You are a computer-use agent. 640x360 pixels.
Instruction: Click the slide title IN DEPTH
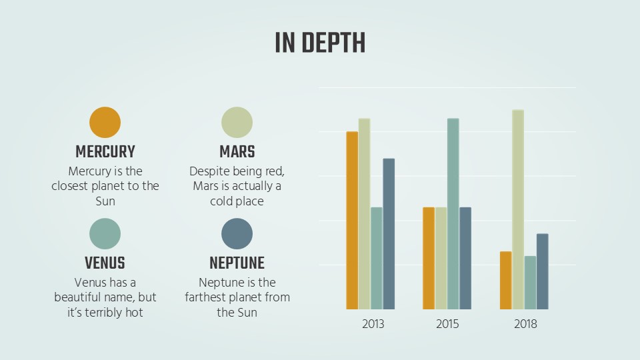[x=320, y=43]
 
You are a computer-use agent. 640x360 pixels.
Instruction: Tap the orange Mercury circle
[x=105, y=123]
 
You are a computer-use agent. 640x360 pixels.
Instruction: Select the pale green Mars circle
[x=237, y=123]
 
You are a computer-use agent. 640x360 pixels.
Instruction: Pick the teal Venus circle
[x=105, y=234]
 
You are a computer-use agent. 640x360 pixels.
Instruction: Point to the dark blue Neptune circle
[x=237, y=234]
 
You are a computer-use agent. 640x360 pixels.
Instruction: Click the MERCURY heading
[x=105, y=152]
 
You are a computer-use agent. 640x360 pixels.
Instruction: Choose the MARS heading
[x=237, y=152]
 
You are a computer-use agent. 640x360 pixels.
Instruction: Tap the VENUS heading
[x=105, y=263]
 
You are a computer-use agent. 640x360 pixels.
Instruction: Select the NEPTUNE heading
[x=237, y=263]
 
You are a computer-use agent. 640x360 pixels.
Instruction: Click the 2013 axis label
[x=373, y=324]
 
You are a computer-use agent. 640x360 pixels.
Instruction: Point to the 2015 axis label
[x=447, y=324]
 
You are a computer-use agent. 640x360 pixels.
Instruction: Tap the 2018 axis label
[x=525, y=324]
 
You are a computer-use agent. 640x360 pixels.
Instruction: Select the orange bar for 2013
[x=352, y=221]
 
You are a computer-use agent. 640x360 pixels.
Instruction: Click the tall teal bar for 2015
[x=453, y=214]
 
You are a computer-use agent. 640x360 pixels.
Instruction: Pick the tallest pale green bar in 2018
[x=518, y=209]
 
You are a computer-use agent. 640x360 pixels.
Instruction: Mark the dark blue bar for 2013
[x=389, y=234]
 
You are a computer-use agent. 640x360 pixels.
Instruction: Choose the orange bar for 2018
[x=506, y=281]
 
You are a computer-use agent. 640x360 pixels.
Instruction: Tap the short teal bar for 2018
[x=530, y=283]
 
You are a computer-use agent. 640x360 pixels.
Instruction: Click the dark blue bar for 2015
[x=465, y=259]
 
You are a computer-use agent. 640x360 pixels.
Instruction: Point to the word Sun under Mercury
[x=105, y=201]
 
